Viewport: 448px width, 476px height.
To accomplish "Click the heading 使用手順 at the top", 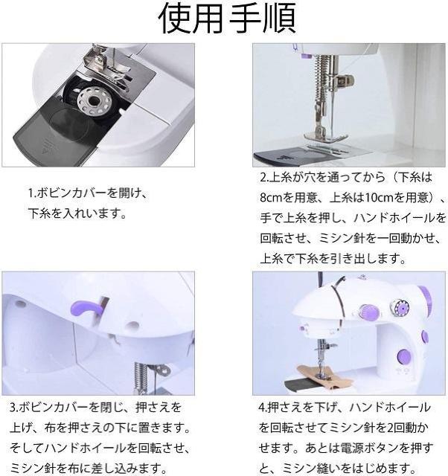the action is pos(227,18).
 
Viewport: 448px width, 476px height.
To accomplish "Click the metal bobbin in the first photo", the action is pos(91,101).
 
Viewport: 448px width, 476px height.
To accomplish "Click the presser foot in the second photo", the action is pos(326,136).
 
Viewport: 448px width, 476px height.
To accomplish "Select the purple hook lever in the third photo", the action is pos(83,307).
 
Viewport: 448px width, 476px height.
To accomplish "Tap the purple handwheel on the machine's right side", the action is pos(426,300).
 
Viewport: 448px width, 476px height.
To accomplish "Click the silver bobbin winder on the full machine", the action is pos(400,308).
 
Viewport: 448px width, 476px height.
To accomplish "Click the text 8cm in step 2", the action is pos(272,198).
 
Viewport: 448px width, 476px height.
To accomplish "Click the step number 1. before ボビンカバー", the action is pos(32,193).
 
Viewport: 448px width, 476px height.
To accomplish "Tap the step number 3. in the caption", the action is pos(14,408).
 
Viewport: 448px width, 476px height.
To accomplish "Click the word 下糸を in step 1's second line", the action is pos(45,213).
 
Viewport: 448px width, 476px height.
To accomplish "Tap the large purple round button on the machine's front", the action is pos(403,356).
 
